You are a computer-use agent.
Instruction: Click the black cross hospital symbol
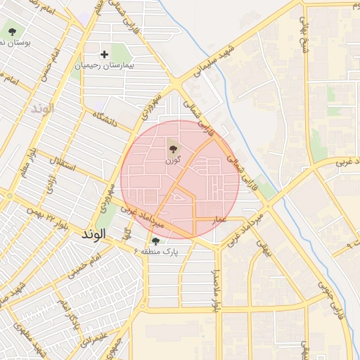[105, 53]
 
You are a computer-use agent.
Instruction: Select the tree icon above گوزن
[173, 147]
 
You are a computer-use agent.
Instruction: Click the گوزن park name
[173, 160]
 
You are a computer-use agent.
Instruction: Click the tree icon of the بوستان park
[13, 31]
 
